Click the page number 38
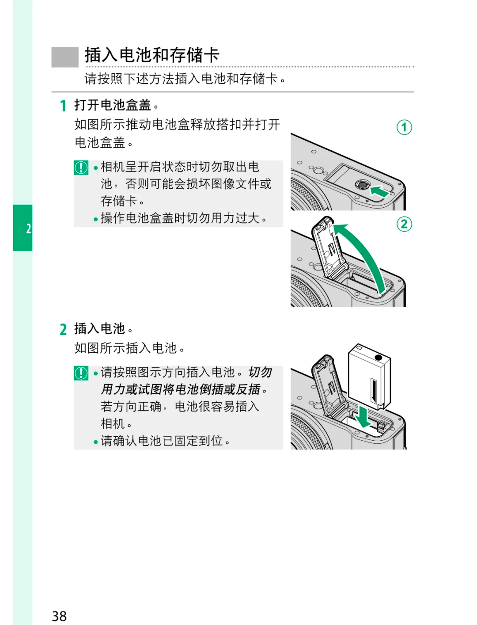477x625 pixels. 59,616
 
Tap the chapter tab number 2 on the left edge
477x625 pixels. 28,229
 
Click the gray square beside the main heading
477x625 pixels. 65,57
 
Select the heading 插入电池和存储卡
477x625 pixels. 152,55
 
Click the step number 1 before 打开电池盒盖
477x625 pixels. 63,106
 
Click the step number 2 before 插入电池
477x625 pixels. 63,329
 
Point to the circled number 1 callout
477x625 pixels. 404,127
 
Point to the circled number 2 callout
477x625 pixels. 404,224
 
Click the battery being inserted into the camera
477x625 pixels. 369,376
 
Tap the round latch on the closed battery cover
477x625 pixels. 362,184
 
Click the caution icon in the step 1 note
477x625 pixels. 81,168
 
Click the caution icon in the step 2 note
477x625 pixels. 81,373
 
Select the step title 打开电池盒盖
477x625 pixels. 113,105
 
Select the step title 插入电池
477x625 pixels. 100,329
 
